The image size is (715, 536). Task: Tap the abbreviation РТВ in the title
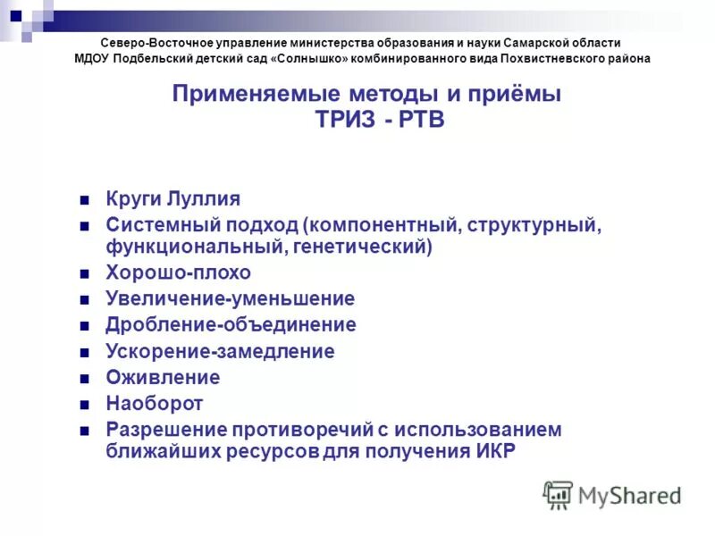pos(420,121)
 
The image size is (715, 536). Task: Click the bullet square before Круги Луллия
pos(84,200)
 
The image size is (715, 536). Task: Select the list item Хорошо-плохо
pos(178,272)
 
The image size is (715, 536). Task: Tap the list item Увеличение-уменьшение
pos(230,298)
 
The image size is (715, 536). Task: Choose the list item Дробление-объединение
pos(231,325)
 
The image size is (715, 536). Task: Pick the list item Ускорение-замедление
pos(220,351)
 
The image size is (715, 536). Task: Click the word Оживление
pos(163,377)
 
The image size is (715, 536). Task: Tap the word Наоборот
pos(155,403)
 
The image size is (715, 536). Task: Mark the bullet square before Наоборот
pos(84,404)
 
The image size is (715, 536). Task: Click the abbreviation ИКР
pos(491,450)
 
